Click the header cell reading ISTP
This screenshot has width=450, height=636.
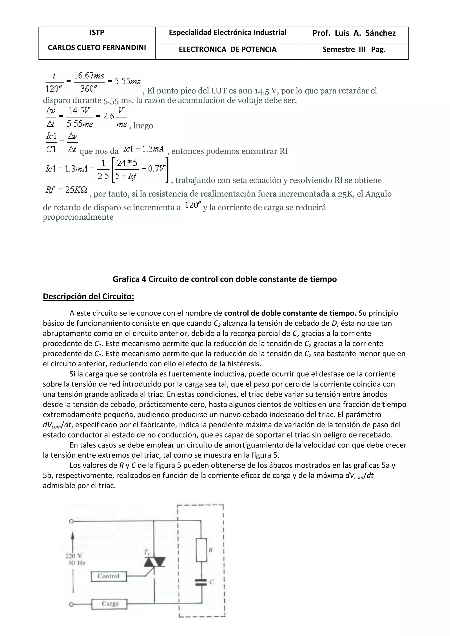[x=97, y=33]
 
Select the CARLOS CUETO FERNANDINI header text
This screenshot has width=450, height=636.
[x=97, y=48]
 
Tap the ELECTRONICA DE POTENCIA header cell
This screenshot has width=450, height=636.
[x=227, y=50]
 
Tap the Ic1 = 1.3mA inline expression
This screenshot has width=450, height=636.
[x=143, y=149]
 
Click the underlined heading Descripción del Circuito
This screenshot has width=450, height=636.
[x=88, y=296]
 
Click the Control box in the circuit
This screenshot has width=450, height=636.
[x=109, y=576]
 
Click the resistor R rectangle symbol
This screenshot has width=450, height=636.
[x=201, y=550]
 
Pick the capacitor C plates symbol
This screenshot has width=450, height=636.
[x=201, y=582]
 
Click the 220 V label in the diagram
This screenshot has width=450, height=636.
[x=73, y=556]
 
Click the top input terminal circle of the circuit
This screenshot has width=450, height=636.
[x=71, y=521]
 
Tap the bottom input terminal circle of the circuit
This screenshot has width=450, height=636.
[x=71, y=604]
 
